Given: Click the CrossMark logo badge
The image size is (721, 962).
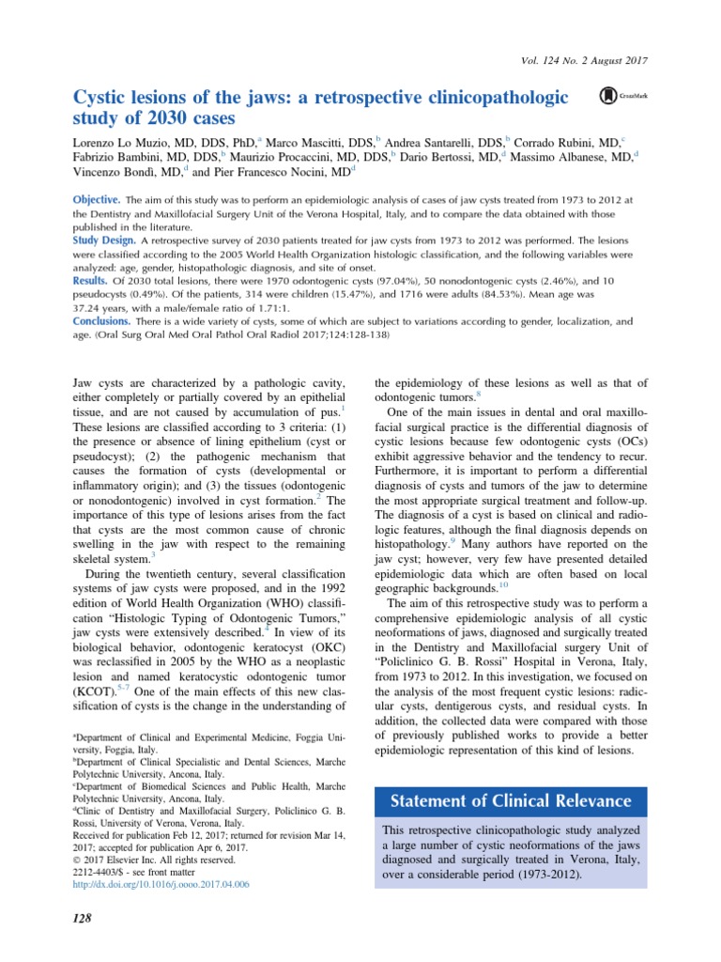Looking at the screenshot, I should click(620, 96).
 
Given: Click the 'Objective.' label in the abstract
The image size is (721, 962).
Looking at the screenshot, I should click(97, 200).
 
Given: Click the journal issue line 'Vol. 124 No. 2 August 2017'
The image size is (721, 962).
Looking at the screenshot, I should click(583, 61).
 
